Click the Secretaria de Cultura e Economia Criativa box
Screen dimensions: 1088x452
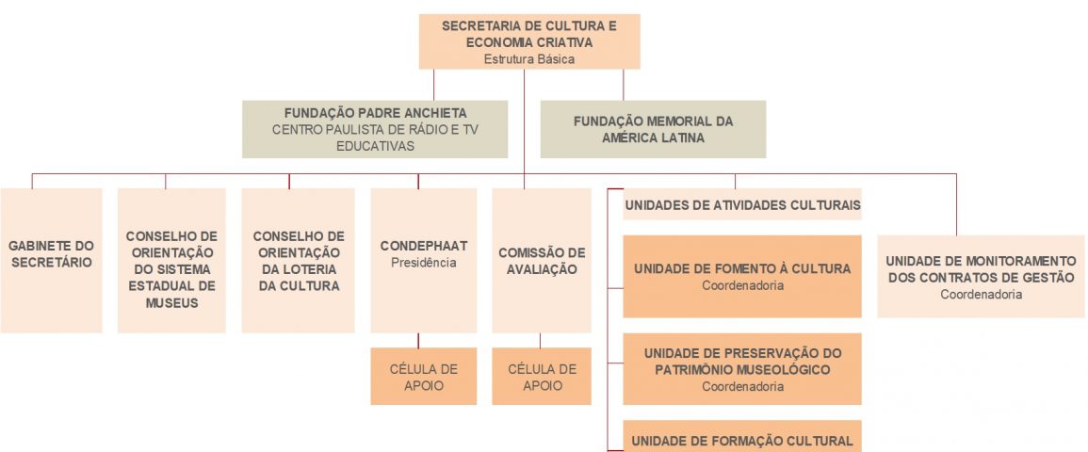(x=529, y=41)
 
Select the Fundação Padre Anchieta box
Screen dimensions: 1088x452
(x=375, y=129)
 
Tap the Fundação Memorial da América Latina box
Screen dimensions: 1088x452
(x=653, y=129)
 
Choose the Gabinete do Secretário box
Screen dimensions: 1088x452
(x=52, y=261)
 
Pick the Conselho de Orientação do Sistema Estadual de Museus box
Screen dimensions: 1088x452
(x=171, y=261)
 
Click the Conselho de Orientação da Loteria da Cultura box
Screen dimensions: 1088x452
(x=299, y=261)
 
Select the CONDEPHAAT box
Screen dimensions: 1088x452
(x=423, y=261)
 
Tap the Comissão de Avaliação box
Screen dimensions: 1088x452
(x=542, y=261)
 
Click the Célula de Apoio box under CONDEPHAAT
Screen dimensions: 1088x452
(x=423, y=376)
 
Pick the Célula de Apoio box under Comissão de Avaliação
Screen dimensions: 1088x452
(x=542, y=376)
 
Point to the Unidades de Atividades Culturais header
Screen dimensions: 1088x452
(x=742, y=204)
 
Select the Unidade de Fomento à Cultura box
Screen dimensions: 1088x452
(x=742, y=276)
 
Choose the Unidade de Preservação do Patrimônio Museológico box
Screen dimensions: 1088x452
(x=742, y=369)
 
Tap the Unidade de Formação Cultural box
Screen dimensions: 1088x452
(x=742, y=436)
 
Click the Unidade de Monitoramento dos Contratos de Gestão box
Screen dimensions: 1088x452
(x=982, y=277)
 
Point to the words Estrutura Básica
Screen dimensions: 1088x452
(x=529, y=59)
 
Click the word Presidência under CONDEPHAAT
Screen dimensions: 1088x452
(x=423, y=263)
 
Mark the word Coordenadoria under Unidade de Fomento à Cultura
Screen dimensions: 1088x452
(x=742, y=285)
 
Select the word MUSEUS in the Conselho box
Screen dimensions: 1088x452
(x=171, y=302)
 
